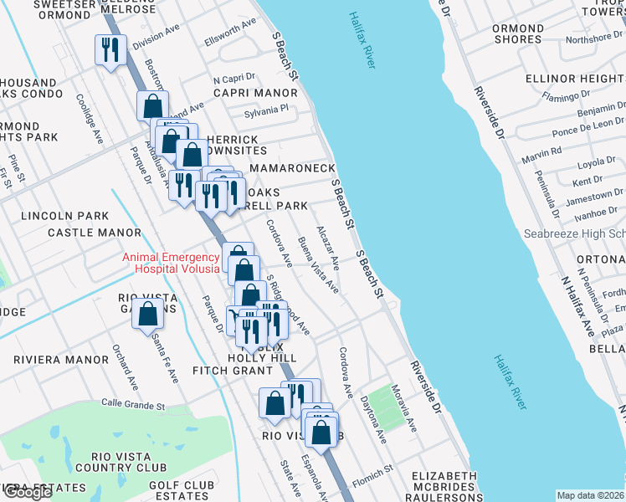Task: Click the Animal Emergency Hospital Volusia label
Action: tap(171, 263)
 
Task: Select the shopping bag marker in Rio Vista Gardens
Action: tap(148, 315)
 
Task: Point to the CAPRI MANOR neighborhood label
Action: tap(250, 93)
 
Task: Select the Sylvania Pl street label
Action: tap(265, 109)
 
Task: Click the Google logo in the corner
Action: tap(28, 493)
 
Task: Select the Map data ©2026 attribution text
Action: tap(591, 495)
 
